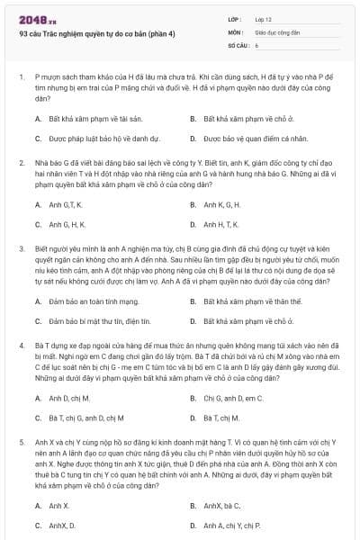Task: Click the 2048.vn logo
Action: [x=33, y=20]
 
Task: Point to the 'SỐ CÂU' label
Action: [x=237, y=44]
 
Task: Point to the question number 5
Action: [x=21, y=442]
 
